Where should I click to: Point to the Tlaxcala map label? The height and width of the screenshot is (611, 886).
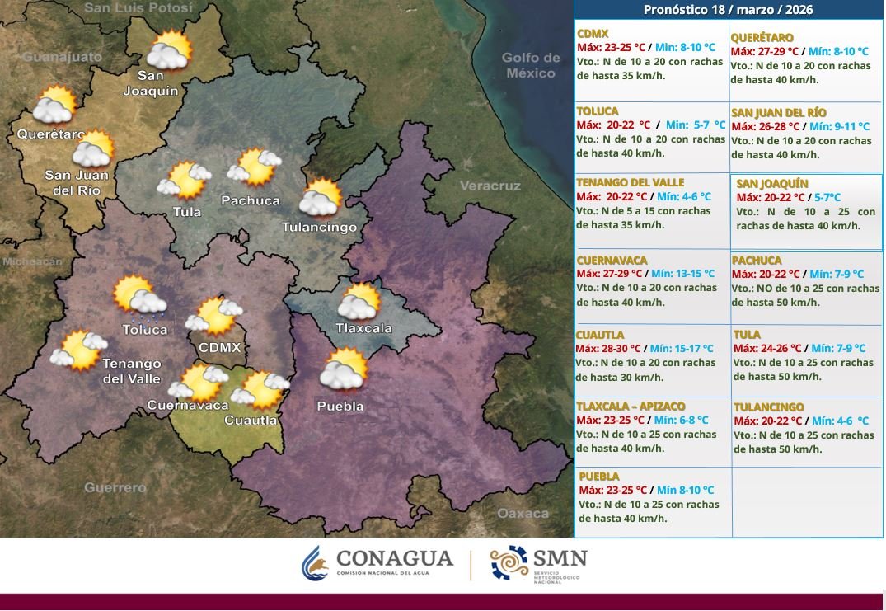(x=363, y=328)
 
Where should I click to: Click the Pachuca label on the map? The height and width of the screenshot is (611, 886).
(x=251, y=200)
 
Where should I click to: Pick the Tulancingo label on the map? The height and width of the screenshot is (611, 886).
(x=319, y=227)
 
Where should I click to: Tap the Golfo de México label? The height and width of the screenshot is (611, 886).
(x=532, y=65)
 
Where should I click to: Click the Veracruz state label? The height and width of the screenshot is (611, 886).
(x=490, y=186)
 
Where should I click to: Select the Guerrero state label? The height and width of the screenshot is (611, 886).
(x=115, y=487)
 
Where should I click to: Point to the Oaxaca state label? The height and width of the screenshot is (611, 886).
(x=523, y=513)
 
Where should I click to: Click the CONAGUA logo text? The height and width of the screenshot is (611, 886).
(x=395, y=559)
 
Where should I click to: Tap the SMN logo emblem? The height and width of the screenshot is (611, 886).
(x=509, y=562)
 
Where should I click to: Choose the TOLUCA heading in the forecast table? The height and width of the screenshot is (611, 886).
(x=598, y=111)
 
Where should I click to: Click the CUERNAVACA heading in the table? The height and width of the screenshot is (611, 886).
(x=612, y=261)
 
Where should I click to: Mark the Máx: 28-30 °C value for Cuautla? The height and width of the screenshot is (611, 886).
(x=608, y=349)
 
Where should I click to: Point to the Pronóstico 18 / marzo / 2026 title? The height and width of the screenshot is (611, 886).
(x=728, y=10)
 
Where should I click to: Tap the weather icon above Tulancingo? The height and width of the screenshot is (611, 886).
(x=320, y=199)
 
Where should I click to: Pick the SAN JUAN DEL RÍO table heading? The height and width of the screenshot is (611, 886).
(x=779, y=113)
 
